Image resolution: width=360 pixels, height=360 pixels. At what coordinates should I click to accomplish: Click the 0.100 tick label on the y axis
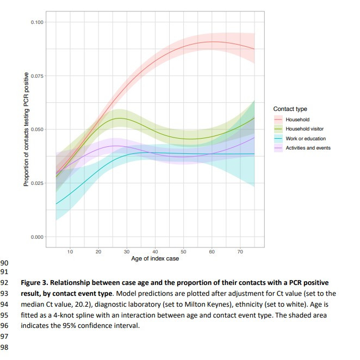[x=37, y=22]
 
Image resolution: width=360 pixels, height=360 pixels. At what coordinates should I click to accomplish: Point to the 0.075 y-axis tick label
[x=37, y=76]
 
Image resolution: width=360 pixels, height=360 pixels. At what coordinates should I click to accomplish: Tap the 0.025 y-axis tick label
[x=37, y=183]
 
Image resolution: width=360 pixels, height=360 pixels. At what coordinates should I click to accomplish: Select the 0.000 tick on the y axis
[x=37, y=237]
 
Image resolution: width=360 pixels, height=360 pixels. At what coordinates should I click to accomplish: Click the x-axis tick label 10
[x=70, y=251]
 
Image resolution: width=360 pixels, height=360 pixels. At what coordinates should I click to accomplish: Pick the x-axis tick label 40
[x=156, y=251]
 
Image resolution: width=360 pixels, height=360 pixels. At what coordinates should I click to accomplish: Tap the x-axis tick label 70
[x=240, y=251]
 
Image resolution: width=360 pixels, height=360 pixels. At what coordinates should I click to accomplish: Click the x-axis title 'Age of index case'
[x=155, y=258]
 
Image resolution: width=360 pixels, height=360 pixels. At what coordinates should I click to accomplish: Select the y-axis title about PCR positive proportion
[x=26, y=129]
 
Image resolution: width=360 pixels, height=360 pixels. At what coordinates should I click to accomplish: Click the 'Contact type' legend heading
[x=290, y=109]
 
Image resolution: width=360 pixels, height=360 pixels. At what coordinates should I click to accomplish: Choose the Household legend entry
[x=297, y=120]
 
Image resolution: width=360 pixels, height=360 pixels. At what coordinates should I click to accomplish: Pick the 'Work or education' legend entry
[x=306, y=138]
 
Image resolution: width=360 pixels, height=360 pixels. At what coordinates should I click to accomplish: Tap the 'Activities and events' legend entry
[x=308, y=148]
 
